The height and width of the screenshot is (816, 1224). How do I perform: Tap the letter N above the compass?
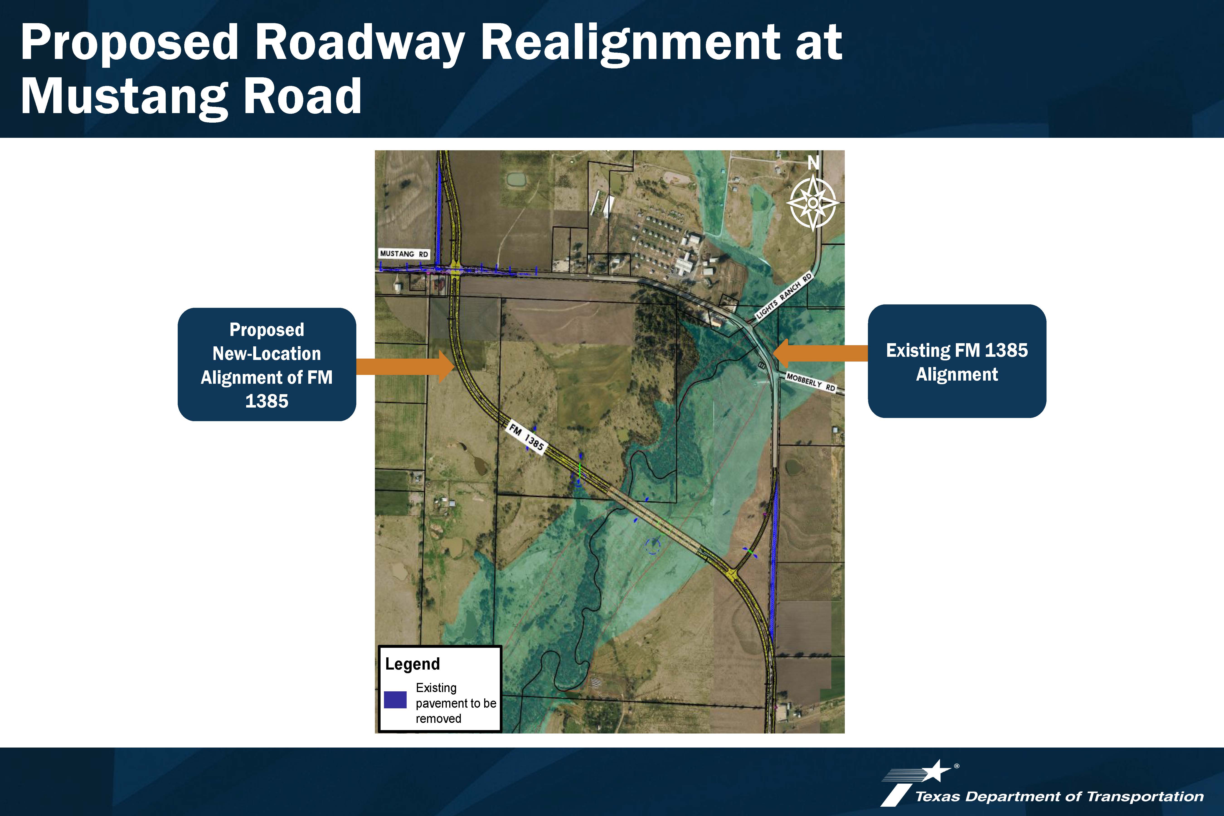[814, 163]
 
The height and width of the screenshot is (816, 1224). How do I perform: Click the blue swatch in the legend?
[395, 699]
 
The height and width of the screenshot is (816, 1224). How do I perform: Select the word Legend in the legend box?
[412, 664]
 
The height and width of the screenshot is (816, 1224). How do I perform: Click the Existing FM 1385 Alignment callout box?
[957, 361]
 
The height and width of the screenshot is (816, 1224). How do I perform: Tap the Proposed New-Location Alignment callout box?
[267, 364]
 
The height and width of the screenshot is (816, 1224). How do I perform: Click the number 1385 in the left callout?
[267, 401]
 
